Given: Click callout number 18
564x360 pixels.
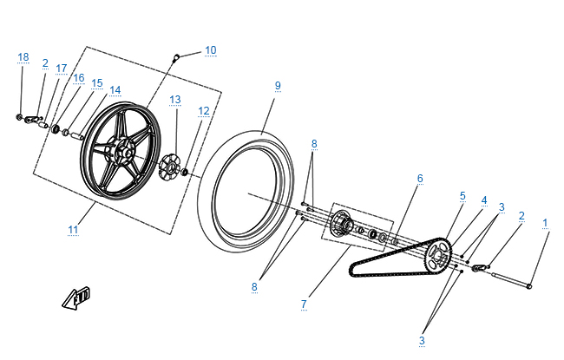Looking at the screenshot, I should click(x=23, y=57).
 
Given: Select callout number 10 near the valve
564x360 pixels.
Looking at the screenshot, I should click(x=211, y=50).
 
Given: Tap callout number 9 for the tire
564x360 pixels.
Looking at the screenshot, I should click(x=278, y=86).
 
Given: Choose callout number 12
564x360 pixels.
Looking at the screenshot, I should click(x=204, y=111).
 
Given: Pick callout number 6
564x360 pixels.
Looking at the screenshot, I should click(x=420, y=178).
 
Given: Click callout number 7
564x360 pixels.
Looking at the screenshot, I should click(x=304, y=304).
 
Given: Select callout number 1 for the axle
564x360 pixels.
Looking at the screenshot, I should click(x=546, y=223).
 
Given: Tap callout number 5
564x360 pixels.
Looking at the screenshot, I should click(x=462, y=196).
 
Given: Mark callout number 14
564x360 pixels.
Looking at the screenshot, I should click(x=115, y=90).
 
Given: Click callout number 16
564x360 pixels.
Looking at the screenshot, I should click(x=78, y=78).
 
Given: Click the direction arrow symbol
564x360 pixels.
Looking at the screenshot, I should click(x=76, y=299).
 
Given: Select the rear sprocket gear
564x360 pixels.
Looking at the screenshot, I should click(x=438, y=254).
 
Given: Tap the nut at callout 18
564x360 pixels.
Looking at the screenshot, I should click(x=19, y=116).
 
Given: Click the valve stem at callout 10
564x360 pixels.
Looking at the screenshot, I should click(x=177, y=57).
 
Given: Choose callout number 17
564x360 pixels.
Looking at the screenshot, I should click(x=61, y=69).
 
